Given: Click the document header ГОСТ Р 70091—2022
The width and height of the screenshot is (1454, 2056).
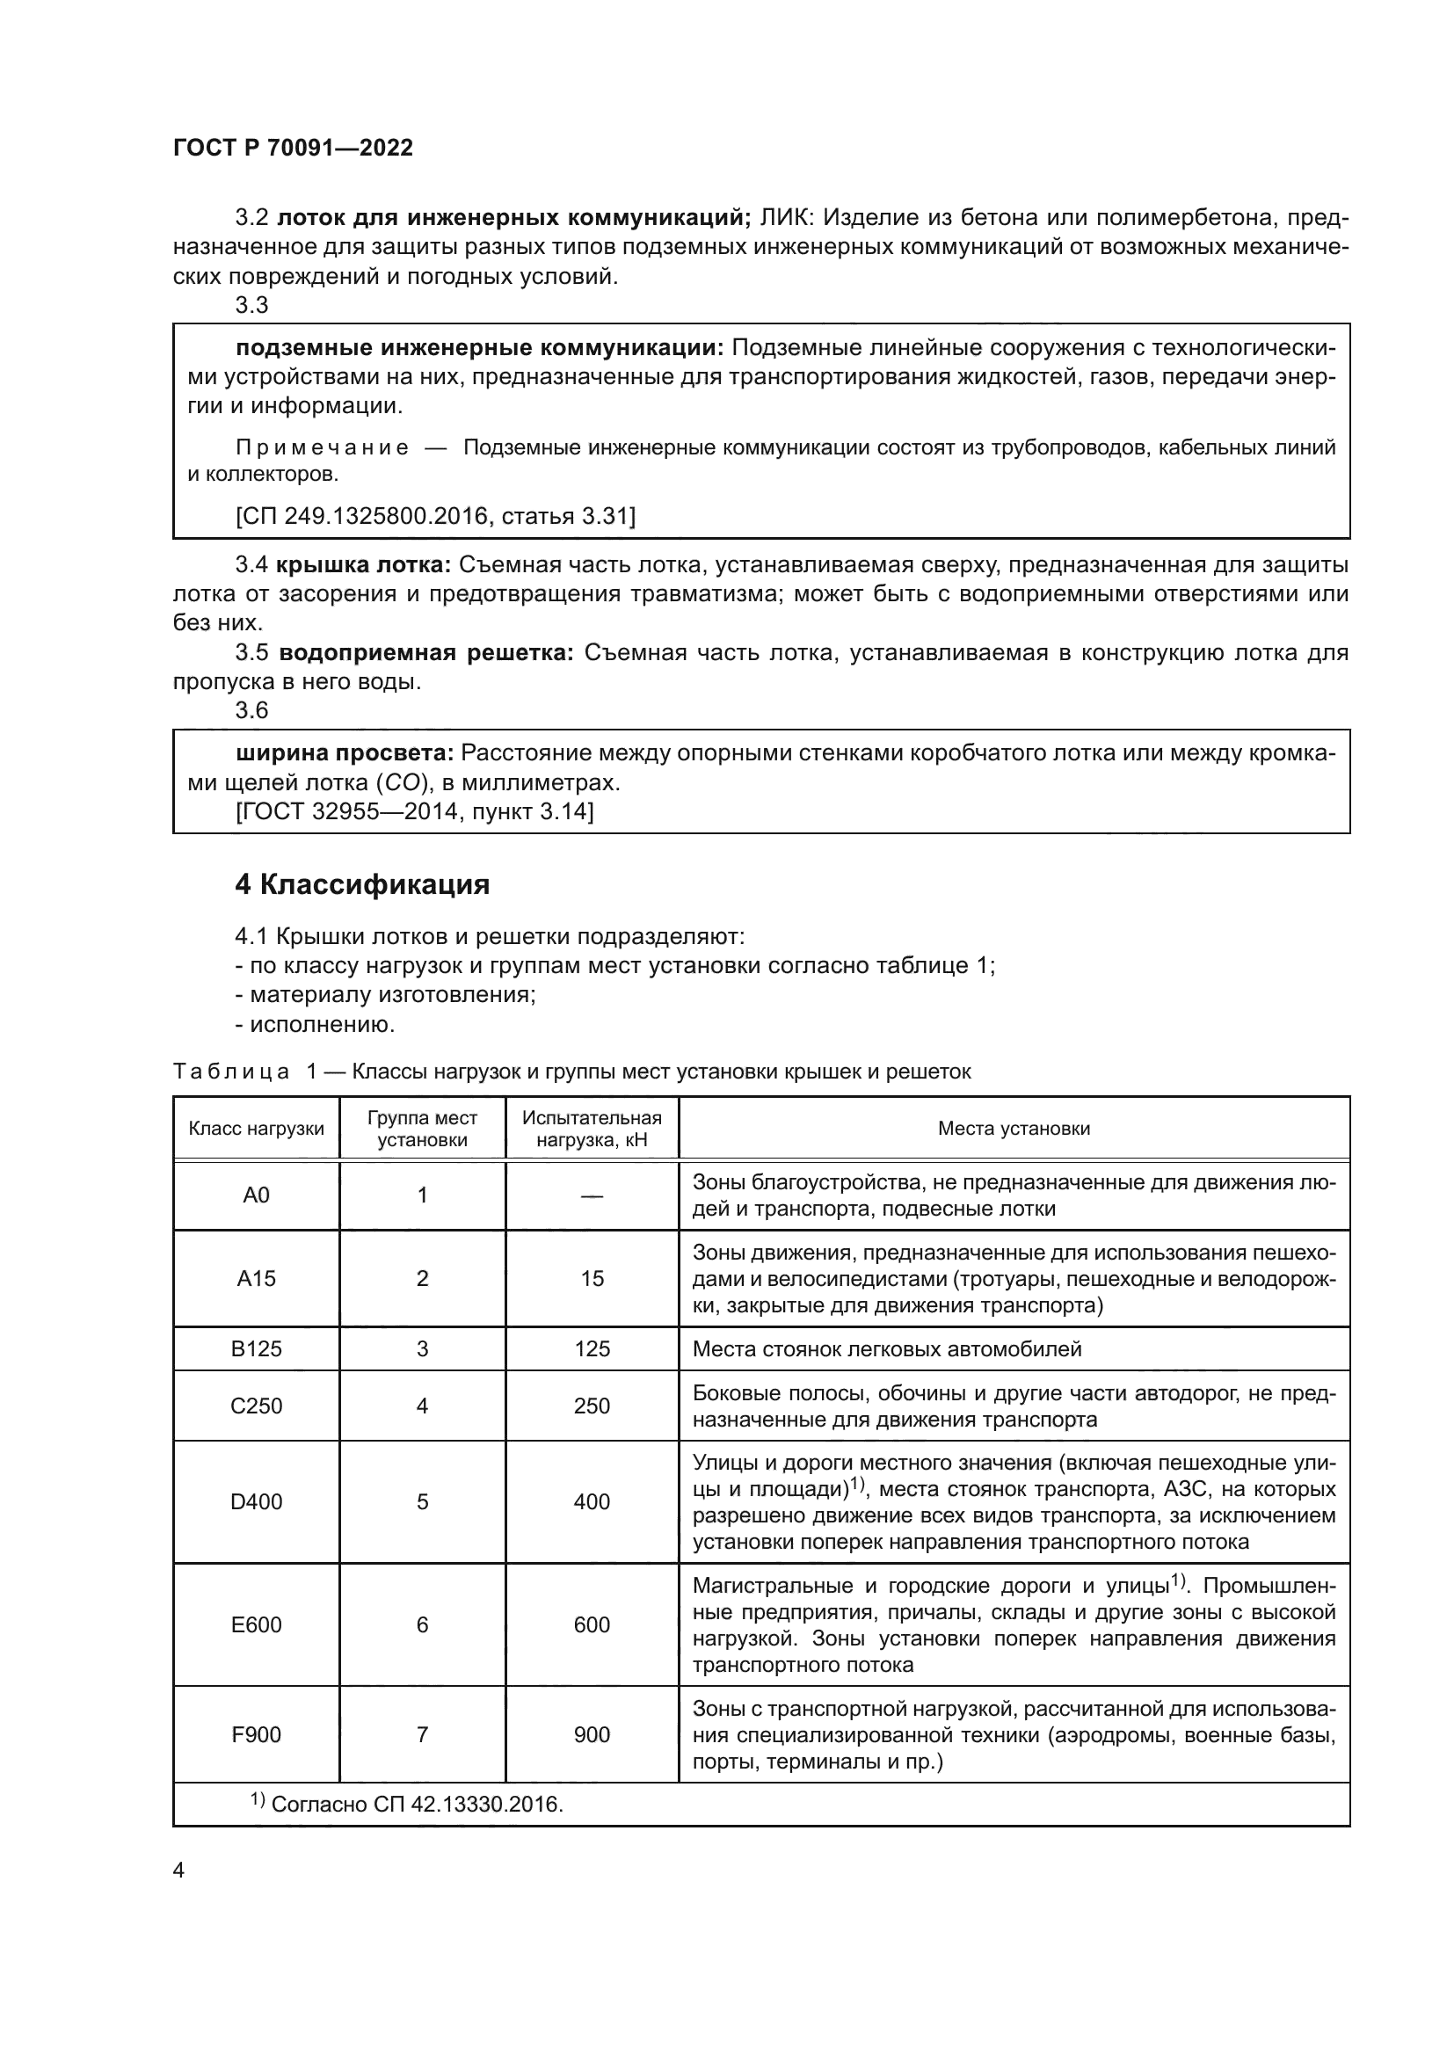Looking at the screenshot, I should [293, 148].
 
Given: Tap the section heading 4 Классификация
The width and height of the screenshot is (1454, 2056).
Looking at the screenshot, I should [361, 885].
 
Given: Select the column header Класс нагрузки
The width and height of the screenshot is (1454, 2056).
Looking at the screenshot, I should [256, 1129].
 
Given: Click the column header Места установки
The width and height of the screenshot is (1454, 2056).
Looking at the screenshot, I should [1014, 1129].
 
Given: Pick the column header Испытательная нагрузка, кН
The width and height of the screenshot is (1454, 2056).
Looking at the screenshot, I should [592, 1129].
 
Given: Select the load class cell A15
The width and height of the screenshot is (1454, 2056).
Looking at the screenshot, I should [256, 1278].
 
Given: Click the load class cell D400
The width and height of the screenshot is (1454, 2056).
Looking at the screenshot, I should [256, 1501].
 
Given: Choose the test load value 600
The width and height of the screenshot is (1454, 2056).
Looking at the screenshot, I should [592, 1624].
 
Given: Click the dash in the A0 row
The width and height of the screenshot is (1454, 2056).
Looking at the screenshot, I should [592, 1195].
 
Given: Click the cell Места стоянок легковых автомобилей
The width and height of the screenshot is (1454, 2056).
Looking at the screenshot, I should [886, 1348].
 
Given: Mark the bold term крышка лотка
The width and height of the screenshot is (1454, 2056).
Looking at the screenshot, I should [364, 565].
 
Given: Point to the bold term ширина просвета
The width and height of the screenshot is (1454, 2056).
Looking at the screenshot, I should [345, 753].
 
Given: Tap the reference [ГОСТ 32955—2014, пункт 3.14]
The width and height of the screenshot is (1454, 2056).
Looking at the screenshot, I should [414, 811].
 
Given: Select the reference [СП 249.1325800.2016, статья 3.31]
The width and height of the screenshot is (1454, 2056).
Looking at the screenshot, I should [435, 516].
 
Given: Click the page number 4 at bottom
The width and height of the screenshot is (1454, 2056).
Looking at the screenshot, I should [178, 1871].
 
